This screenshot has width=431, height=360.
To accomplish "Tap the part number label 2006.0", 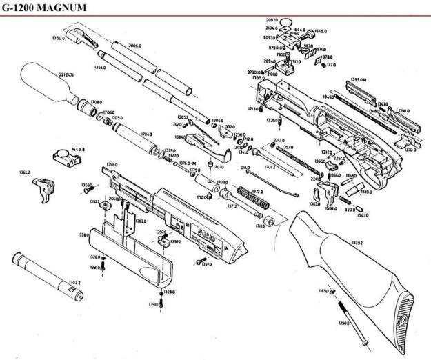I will pos(135,46).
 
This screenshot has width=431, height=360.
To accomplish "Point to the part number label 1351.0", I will pos(99,68).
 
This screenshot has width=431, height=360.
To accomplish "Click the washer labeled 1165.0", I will pos(332,292).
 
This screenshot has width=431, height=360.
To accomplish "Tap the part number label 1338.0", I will pos(83,235).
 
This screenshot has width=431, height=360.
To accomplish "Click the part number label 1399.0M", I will pos(359,80).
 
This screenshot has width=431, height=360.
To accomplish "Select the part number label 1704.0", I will pos(146,134).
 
